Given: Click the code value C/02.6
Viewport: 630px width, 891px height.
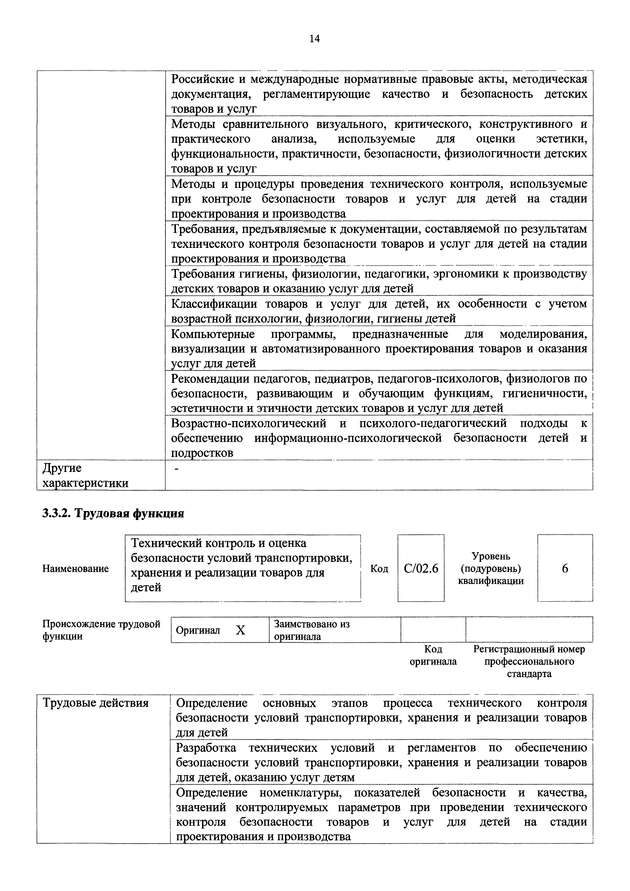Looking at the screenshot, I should [421, 568].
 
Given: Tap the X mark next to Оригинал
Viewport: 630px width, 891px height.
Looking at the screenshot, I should [241, 630].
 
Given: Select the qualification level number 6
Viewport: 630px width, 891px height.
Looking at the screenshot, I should [565, 568].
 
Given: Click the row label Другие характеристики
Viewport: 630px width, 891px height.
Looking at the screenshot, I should [85, 475].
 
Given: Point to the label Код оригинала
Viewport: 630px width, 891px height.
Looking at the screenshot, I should [433, 656].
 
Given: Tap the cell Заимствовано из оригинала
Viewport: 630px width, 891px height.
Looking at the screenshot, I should [311, 630].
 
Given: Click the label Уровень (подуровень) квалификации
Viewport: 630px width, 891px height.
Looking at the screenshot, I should [491, 568].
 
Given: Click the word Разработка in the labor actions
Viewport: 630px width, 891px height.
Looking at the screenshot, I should [206, 748].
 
